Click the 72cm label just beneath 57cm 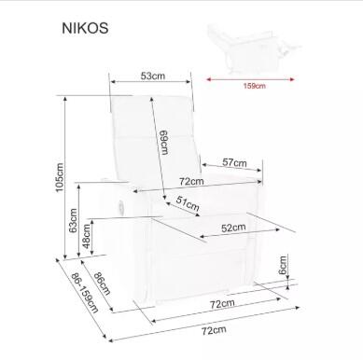point(192,179)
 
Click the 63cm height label point(73,224)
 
